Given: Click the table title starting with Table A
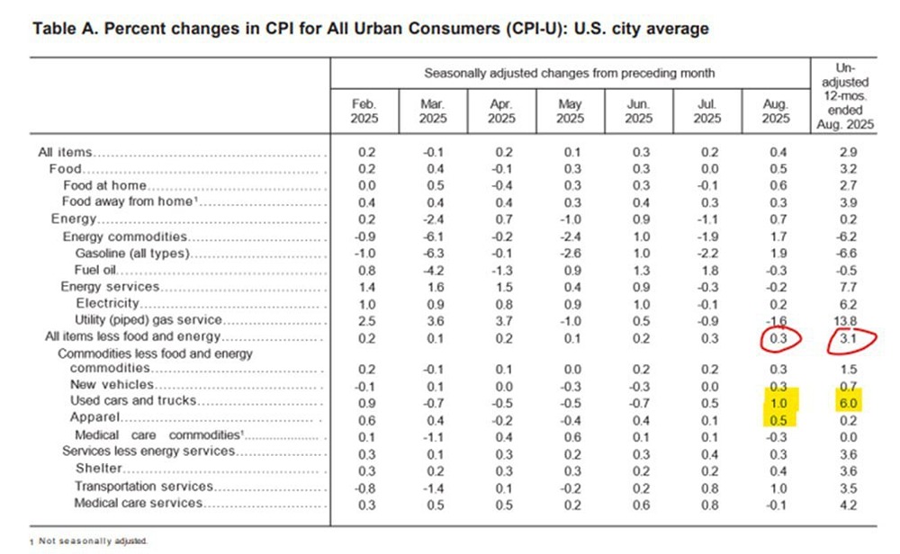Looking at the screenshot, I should (x=370, y=29).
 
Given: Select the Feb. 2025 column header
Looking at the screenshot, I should (x=364, y=112).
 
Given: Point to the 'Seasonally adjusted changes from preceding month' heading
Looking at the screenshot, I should (x=570, y=73).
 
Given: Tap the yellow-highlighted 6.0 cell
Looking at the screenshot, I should (x=848, y=402).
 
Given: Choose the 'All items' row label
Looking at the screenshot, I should (x=66, y=153).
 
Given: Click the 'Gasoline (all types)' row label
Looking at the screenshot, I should (x=131, y=254).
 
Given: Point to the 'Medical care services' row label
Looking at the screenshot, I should (x=139, y=503).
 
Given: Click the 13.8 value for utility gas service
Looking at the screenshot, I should (x=848, y=320).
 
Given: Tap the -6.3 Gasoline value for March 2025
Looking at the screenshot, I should (x=434, y=254).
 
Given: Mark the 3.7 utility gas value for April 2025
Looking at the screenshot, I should (x=502, y=320).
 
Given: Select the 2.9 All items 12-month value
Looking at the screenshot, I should (x=848, y=153).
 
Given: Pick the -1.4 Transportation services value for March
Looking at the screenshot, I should (x=434, y=487).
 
